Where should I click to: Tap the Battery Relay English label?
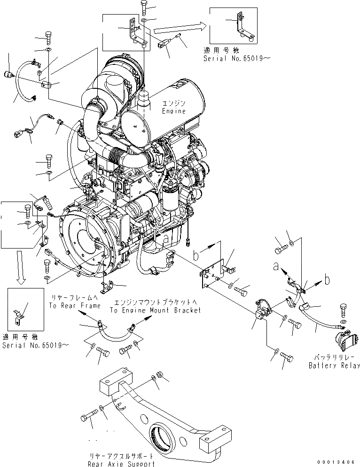[x=334, y=365]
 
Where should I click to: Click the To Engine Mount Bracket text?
[x=155, y=310]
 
